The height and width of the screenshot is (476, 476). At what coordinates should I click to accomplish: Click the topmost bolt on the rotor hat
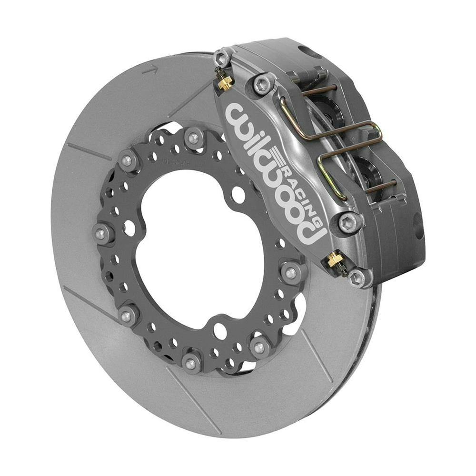[193, 138]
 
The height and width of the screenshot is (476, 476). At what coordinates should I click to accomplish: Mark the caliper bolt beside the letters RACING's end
[350, 221]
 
